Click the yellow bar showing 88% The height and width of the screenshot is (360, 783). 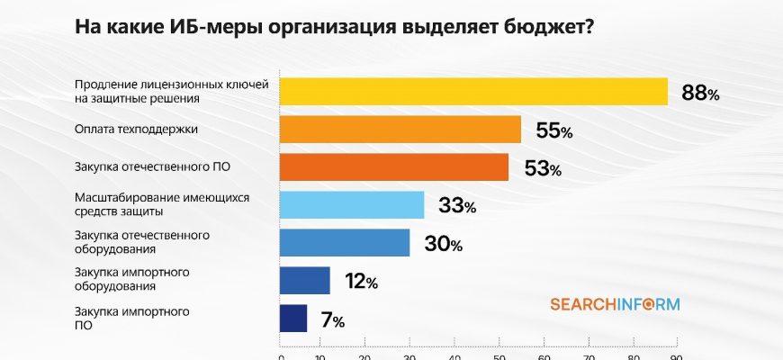473,91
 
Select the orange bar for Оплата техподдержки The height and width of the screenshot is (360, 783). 400,130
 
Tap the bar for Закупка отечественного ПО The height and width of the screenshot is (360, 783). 394,167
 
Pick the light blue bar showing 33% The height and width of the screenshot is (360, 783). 352,205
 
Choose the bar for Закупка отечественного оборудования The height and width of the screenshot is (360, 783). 345,243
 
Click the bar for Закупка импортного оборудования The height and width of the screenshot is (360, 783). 305,281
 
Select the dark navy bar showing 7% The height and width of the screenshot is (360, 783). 294,319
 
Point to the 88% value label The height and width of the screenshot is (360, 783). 700,93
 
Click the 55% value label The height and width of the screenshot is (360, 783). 553,131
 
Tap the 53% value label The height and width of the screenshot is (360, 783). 543,169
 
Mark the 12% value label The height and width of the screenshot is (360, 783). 361,282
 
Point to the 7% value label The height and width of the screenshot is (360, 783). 332,320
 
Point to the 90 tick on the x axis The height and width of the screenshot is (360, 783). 677,356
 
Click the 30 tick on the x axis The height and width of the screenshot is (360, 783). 409,356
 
